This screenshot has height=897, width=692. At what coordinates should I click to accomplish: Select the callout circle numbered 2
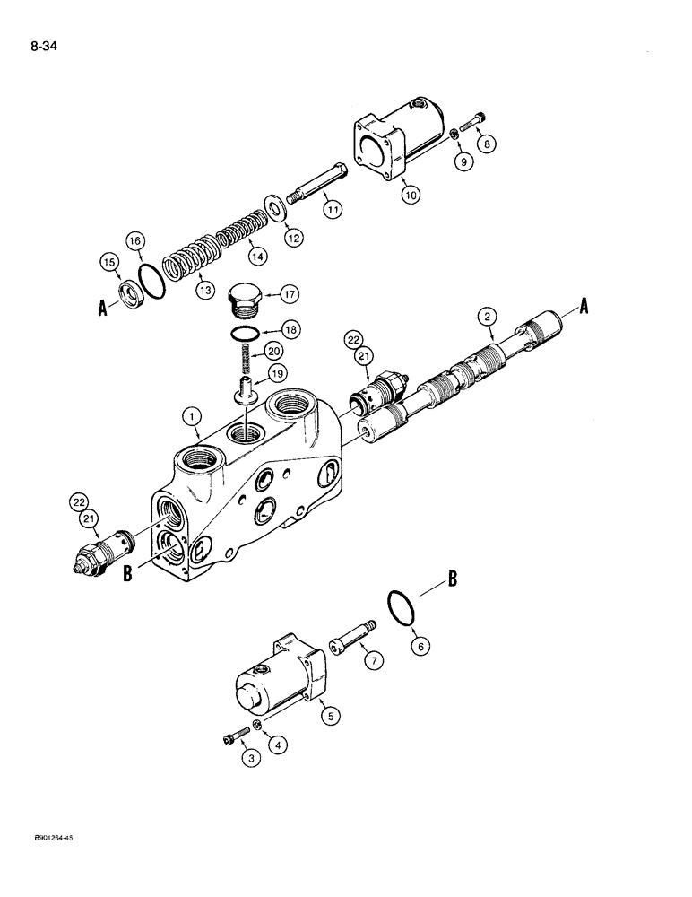[487, 316]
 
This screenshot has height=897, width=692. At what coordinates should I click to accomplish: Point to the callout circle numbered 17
[290, 293]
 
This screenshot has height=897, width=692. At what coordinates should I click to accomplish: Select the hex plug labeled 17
[244, 300]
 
